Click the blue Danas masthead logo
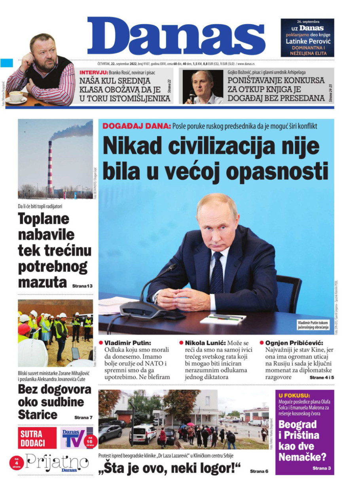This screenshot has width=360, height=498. [176, 36]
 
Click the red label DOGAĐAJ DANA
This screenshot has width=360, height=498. [136, 126]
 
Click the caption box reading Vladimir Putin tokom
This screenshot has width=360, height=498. [313, 325]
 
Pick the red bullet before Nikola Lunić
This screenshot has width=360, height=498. [181, 342]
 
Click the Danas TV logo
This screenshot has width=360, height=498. [74, 437]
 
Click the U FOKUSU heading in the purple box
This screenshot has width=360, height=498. [294, 395]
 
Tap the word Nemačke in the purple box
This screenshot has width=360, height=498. [303, 457]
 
